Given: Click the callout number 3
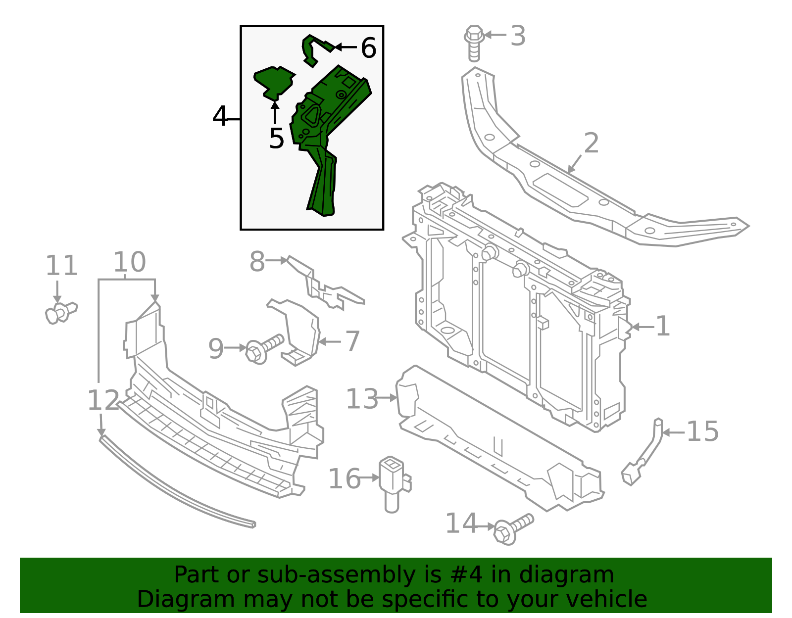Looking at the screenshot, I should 518,36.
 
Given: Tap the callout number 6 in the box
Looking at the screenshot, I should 368,48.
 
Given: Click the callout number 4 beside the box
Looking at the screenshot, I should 220,117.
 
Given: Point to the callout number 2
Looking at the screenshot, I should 591,143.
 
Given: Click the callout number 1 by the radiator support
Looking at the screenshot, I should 663,327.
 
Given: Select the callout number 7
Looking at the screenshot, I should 352,341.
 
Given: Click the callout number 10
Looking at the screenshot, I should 129,262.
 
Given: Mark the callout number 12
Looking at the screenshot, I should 103,400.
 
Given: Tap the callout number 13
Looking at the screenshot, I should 362,399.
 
